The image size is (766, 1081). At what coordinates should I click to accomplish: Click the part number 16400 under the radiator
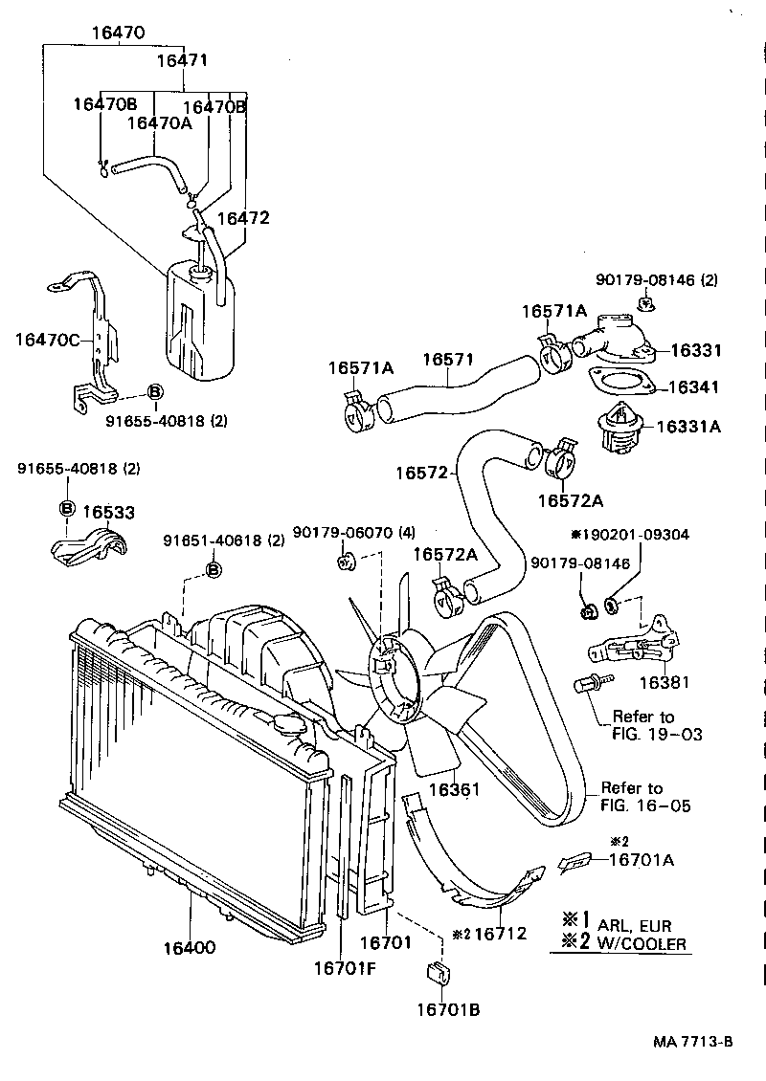[189, 948]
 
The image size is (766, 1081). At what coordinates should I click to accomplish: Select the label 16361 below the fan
[454, 789]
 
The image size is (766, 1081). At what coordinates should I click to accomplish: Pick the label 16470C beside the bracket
[47, 339]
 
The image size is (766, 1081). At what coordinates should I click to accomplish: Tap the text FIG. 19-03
[657, 734]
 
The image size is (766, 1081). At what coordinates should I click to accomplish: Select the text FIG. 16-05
[644, 805]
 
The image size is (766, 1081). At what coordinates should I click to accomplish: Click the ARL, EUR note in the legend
[634, 925]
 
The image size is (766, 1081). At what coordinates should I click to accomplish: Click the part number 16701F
[349, 967]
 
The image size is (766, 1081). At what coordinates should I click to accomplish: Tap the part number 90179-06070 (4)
[353, 532]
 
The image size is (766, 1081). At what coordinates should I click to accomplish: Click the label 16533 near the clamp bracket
[108, 513]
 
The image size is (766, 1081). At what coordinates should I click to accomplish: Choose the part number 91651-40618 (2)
[222, 540]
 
